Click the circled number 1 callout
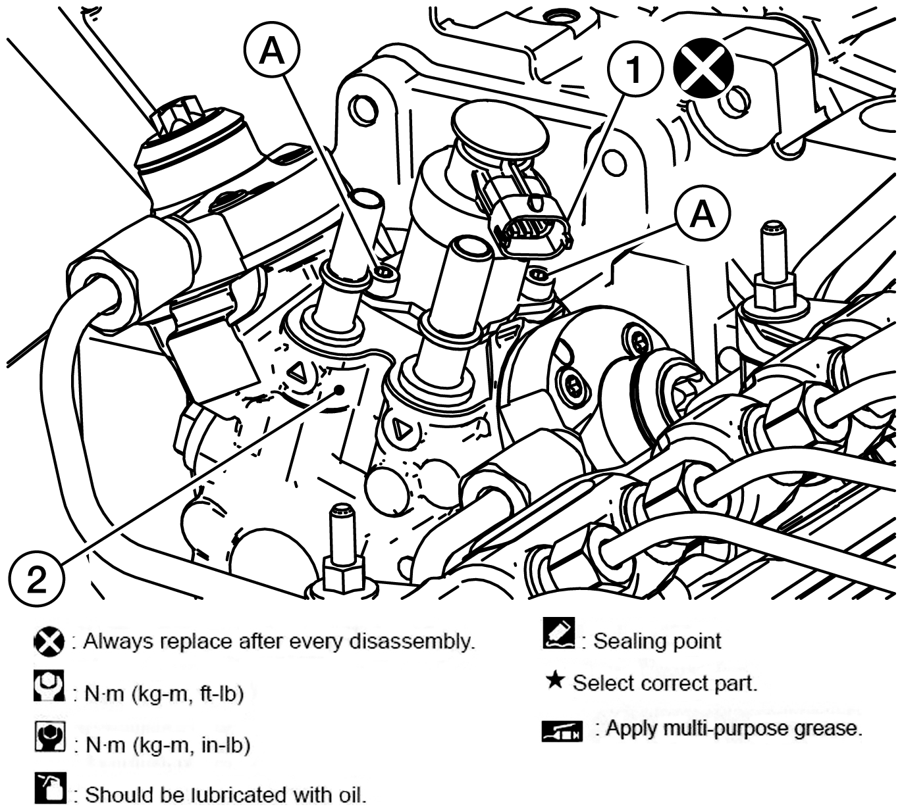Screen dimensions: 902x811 click(635, 69)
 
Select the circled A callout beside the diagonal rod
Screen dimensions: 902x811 click(273, 51)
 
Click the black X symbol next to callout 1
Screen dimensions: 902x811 click(703, 67)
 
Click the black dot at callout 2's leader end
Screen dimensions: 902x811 click(340, 389)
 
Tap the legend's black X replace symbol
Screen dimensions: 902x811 click(49, 642)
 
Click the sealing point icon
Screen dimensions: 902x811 click(558, 633)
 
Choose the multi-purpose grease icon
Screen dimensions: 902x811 click(562, 731)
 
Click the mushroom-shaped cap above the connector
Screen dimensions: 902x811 click(500, 130)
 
